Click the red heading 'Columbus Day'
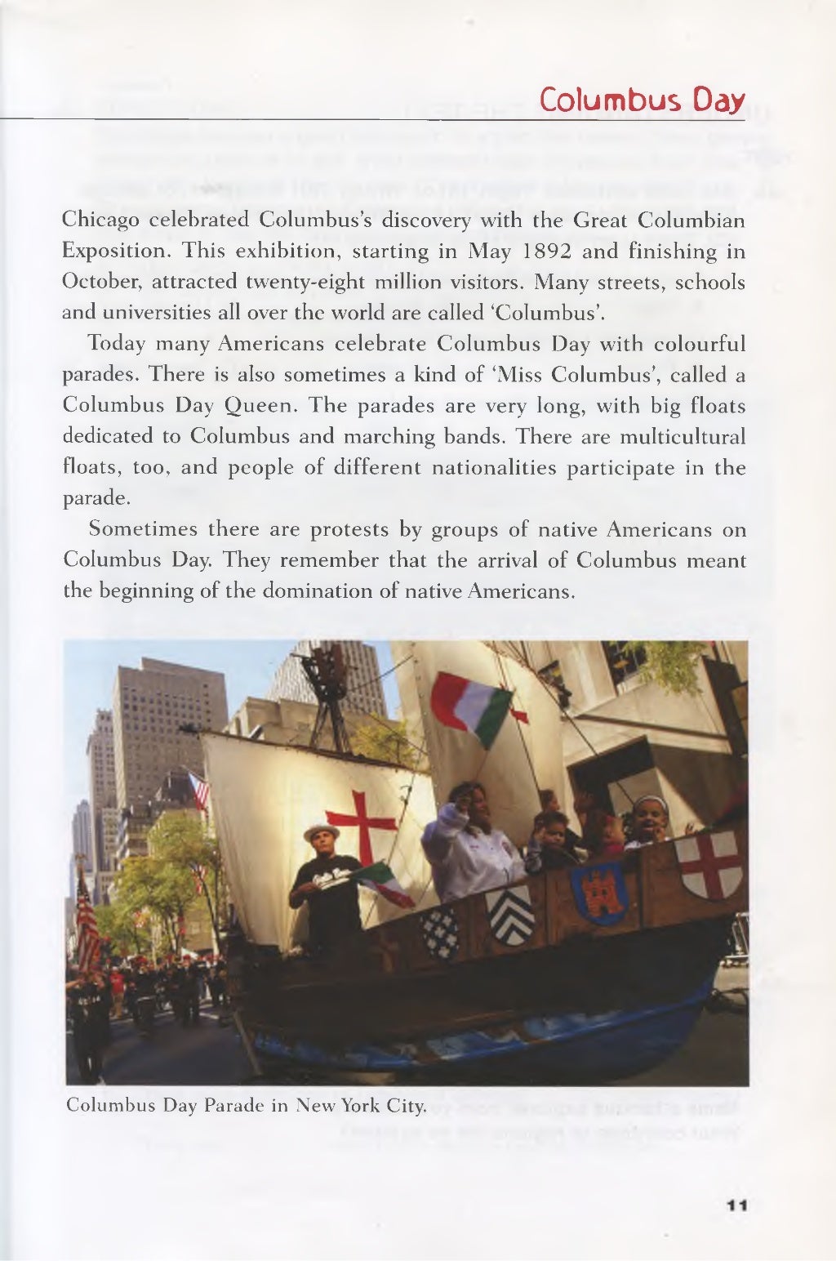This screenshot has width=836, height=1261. coord(642,100)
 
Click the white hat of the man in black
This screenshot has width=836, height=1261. coord(320,832)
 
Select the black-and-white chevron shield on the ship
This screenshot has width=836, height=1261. coord(511,916)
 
